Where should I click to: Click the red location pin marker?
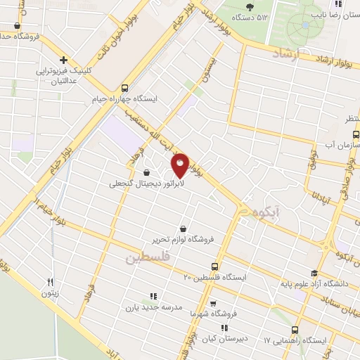(x=180, y=165)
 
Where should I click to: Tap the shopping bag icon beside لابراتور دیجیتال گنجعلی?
(x=146, y=173)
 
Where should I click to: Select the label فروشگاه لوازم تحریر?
(x=184, y=238)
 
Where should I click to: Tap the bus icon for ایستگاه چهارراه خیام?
(x=124, y=89)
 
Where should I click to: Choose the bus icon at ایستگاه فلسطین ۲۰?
(x=214, y=266)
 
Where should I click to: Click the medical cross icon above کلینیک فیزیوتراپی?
(x=63, y=60)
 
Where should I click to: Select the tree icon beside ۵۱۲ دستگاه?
(x=250, y=7)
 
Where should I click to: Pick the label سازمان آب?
(x=342, y=145)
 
